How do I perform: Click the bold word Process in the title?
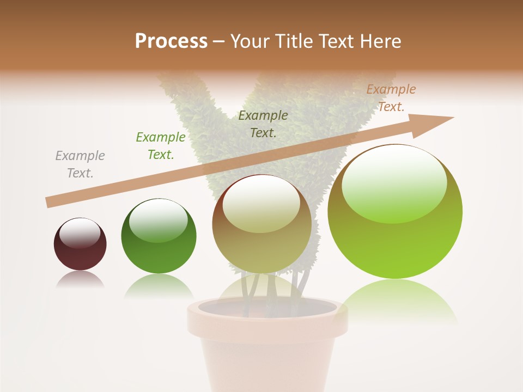click(171, 41)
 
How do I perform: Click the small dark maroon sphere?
click(80, 245)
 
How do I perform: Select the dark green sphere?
click(159, 240)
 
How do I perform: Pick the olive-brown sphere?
click(261, 229)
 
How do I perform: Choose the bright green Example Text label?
click(161, 146)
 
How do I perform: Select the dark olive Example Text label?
click(263, 124)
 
